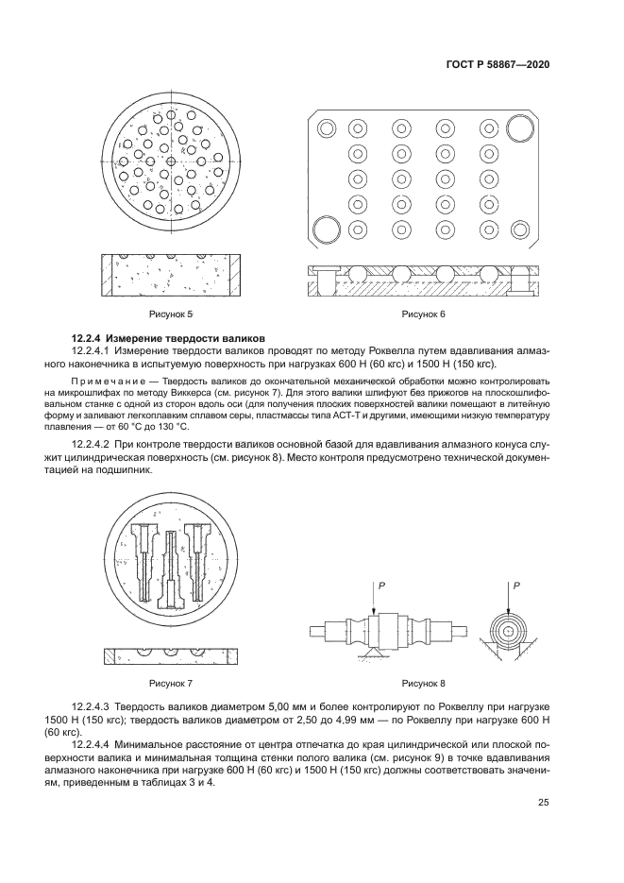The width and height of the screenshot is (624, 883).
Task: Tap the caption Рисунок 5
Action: point(171,314)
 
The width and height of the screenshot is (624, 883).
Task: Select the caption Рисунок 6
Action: point(424,314)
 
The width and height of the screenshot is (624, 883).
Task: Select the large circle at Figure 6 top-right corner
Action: point(520,127)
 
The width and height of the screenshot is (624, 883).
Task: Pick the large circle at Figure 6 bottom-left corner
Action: point(326,229)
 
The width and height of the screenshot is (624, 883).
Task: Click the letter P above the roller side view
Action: point(381,587)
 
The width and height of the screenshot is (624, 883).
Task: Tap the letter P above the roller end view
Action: point(518,587)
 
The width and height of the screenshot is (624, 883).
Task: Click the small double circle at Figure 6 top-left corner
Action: point(326,127)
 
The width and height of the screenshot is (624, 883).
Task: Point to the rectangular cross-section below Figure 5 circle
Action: point(171,275)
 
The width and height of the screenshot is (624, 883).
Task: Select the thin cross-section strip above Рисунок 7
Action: point(171,654)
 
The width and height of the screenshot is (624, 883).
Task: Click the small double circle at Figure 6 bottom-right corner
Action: point(520,229)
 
